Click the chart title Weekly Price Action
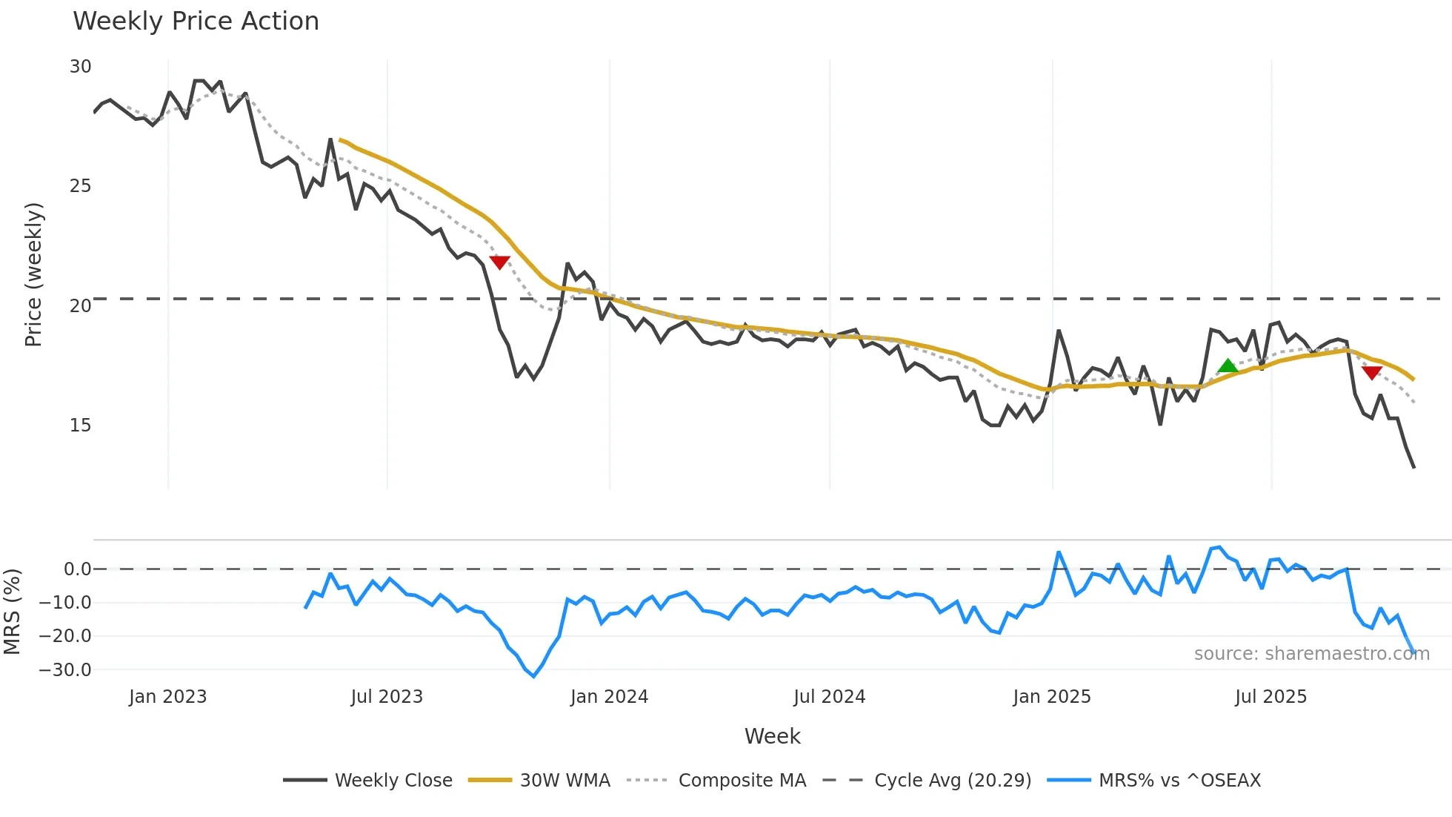tap(196, 21)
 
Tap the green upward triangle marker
tap(1228, 365)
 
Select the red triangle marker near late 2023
tap(500, 262)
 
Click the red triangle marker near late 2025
tap(1371, 372)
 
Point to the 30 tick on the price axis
tap(80, 67)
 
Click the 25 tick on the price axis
tap(80, 186)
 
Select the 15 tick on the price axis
tap(80, 426)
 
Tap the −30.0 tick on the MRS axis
tap(65, 670)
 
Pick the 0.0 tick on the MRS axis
tap(77, 569)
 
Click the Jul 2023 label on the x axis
tap(387, 697)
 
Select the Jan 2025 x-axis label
tap(1052, 697)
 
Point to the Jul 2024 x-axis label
tap(829, 697)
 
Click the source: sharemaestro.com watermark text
tap(1311, 654)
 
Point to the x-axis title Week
tap(772, 736)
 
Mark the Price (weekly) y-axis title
tap(33, 274)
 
